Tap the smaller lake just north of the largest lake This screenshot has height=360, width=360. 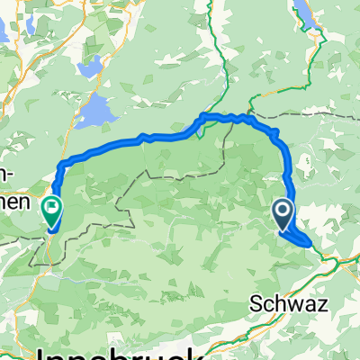(x=91, y=67)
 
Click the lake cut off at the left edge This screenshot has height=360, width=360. (x=4, y=29)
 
